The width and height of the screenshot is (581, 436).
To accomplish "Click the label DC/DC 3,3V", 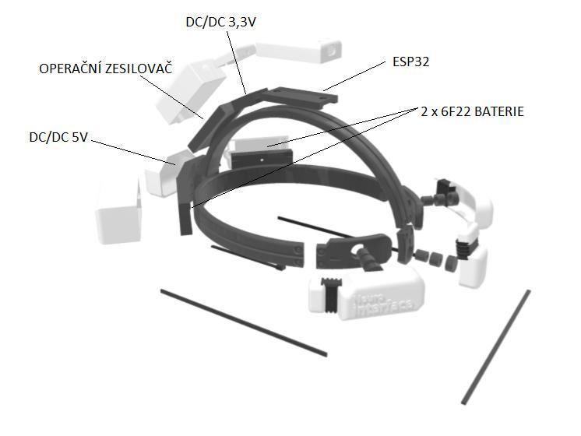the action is click(x=221, y=23).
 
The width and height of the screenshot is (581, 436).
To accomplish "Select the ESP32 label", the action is click(x=411, y=62).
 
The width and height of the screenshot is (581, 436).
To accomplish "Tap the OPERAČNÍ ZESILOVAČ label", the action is click(x=106, y=69).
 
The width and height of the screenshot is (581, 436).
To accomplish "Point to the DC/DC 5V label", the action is click(x=58, y=138).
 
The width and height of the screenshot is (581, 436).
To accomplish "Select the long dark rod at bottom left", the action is click(x=244, y=322).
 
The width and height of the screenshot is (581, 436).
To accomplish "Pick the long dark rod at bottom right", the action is click(x=496, y=347).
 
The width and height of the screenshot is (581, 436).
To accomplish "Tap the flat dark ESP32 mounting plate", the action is click(x=300, y=97).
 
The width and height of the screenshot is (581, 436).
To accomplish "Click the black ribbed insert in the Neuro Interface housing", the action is click(x=332, y=295).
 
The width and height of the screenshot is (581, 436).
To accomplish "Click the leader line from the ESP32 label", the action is click(x=354, y=76).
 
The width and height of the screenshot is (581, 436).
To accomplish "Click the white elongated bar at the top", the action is click(x=298, y=51).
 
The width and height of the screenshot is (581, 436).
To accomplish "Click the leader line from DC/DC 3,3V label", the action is click(x=237, y=62).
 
